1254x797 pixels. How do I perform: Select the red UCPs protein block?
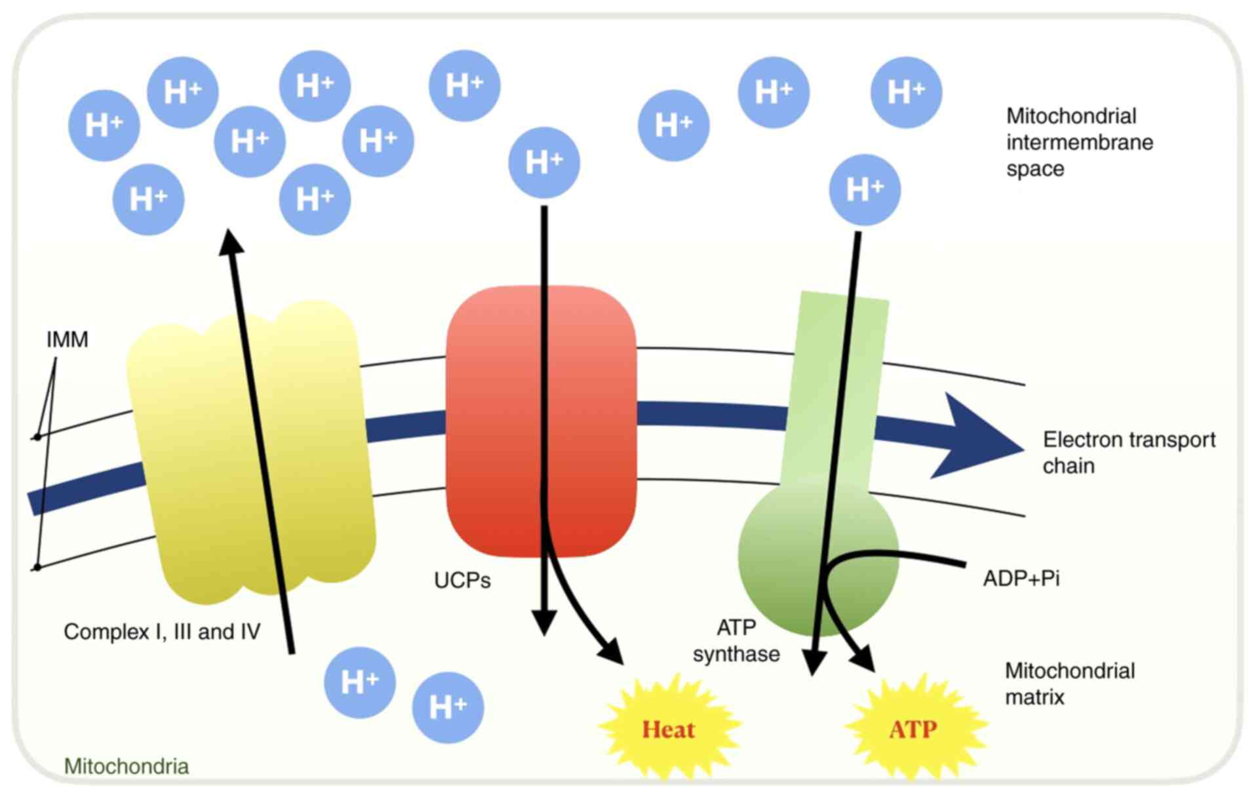[590, 419]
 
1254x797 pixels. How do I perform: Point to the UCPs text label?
[462, 580]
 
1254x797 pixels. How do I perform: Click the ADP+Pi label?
[1021, 578]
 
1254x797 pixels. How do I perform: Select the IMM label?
[67, 340]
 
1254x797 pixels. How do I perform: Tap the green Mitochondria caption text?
[127, 766]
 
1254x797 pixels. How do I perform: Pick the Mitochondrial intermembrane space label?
[1079, 142]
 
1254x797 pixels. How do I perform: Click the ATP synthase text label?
[736, 641]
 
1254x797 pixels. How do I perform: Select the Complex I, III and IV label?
[162, 631]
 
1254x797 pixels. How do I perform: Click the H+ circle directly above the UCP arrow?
[544, 162]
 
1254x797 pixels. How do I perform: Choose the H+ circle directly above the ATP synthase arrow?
[865, 189]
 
